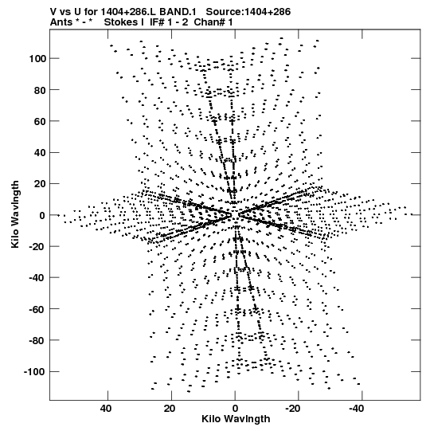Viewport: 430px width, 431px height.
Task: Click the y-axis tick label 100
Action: click(x=37, y=58)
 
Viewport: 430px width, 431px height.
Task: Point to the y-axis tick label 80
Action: click(x=40, y=90)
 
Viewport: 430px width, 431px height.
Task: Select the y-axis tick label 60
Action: click(x=40, y=121)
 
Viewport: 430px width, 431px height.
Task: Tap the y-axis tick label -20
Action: click(x=37, y=246)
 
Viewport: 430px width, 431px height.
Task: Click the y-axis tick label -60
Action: click(x=37, y=309)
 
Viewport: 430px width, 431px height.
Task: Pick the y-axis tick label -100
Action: click(x=34, y=372)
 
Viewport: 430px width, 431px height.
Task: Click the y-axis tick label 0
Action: click(x=42, y=215)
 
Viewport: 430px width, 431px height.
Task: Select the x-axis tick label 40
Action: click(x=106, y=409)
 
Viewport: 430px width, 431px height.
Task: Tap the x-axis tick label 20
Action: click(x=170, y=409)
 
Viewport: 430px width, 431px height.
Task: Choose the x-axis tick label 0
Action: click(x=235, y=409)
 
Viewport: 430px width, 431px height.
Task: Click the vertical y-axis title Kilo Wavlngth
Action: click(x=15, y=214)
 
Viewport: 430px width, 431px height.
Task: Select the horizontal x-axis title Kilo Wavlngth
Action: click(x=236, y=419)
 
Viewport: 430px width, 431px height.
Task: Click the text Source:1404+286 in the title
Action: click(x=248, y=12)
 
